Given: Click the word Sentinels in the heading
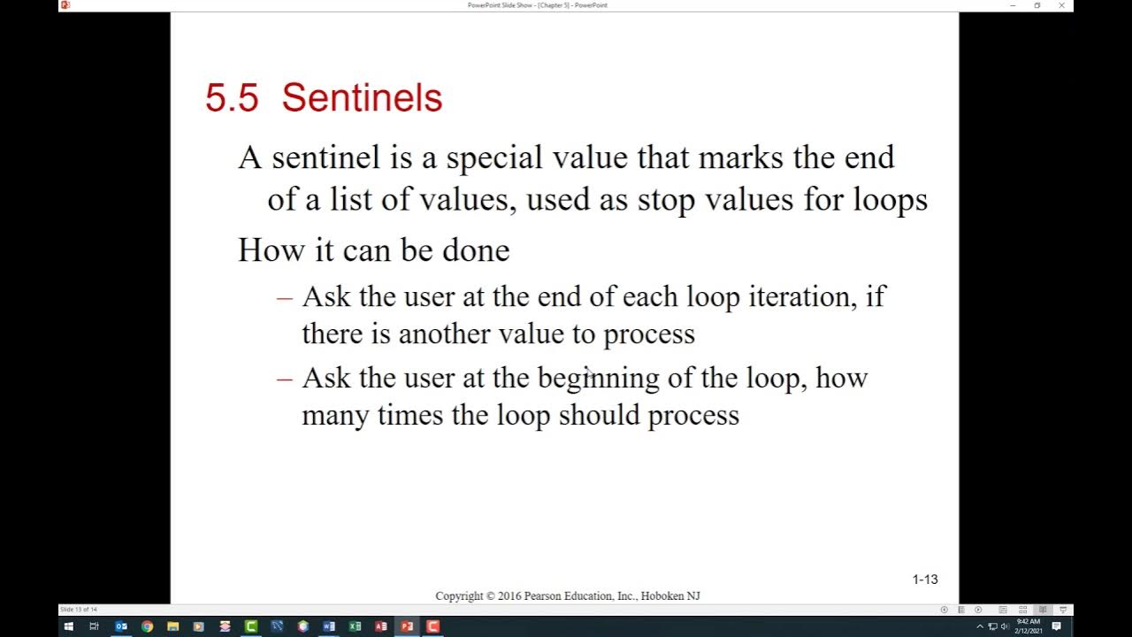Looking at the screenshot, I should tap(362, 97).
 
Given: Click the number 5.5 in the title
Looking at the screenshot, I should tap(231, 97).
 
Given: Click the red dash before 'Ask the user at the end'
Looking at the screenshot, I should tap(284, 297).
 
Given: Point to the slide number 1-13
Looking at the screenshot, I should tap(925, 579).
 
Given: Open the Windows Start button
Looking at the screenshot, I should tap(68, 626).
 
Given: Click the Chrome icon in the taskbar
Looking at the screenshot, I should tap(147, 626).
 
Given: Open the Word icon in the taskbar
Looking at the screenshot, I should tap(329, 626).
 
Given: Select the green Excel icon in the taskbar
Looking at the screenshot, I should tap(355, 626).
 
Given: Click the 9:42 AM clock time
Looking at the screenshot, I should tap(1028, 622).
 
